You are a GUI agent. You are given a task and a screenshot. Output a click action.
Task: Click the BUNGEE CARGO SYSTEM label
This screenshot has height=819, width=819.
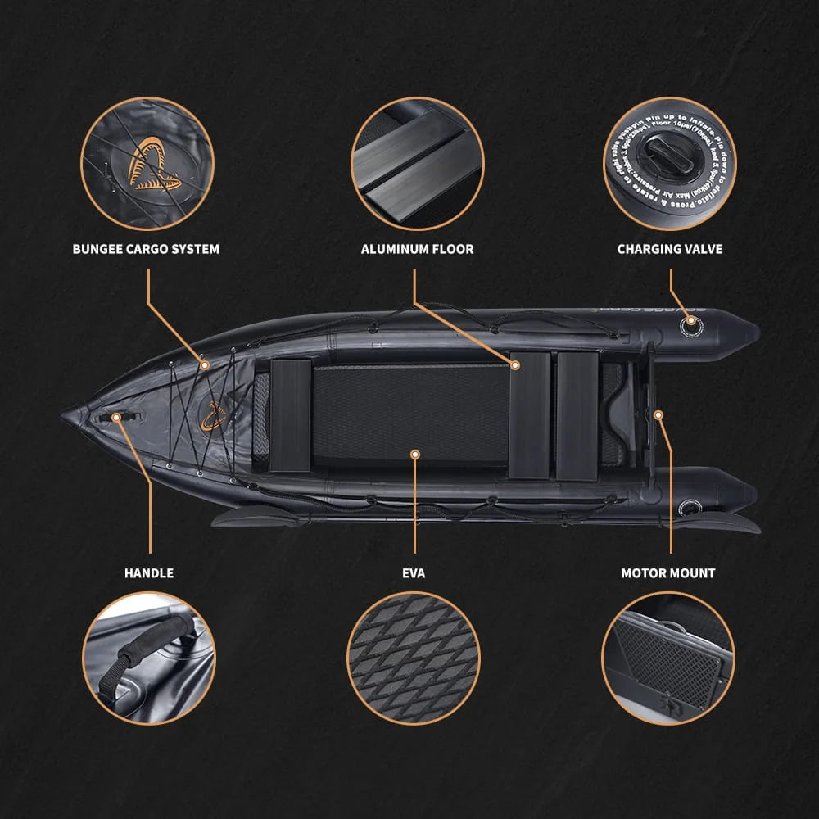tap(146, 248)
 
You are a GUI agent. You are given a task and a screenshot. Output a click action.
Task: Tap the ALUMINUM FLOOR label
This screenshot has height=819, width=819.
tap(417, 248)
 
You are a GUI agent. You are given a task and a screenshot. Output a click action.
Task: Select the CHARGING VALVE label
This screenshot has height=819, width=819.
tap(670, 248)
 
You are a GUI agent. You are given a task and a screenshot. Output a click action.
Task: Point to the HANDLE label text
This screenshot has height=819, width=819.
tap(149, 573)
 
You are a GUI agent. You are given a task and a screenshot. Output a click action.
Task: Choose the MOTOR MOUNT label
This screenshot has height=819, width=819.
tap(668, 573)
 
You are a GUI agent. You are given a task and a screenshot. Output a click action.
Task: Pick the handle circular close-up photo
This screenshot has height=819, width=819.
tap(150, 658)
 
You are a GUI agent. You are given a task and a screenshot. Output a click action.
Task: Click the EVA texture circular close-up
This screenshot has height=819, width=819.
tap(414, 658)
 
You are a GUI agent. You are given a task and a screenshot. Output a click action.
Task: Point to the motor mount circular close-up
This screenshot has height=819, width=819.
tap(668, 658)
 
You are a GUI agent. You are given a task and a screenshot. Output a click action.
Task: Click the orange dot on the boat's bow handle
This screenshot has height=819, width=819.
tap(116, 417)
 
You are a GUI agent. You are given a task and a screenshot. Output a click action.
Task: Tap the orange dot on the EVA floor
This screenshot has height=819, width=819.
tap(415, 453)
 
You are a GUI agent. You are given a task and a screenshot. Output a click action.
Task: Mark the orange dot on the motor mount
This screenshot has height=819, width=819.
tap(658, 414)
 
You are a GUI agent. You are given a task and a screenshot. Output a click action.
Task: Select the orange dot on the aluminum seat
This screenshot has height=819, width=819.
tap(516, 364)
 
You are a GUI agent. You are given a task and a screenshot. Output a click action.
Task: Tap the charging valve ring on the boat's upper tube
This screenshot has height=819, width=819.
tap(690, 324)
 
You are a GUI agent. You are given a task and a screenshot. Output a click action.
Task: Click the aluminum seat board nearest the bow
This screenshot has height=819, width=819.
tap(291, 415)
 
